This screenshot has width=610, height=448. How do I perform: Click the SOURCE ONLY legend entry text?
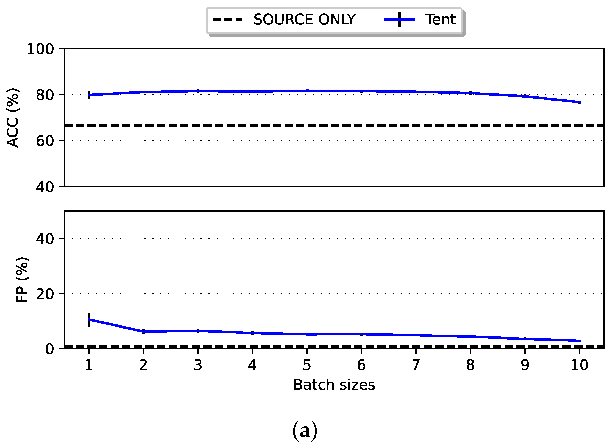304,20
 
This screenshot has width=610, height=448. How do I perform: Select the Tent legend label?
440,20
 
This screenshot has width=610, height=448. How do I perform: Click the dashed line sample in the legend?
227,20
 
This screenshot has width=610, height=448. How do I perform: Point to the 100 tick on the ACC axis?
40,49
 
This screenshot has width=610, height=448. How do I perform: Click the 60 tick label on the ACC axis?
45,141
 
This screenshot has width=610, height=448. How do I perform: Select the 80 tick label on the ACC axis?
45,95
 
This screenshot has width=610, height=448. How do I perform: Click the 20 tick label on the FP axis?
45,294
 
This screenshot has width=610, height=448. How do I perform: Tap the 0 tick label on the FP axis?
49,349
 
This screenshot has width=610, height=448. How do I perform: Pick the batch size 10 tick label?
579,365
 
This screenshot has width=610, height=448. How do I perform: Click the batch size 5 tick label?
307,365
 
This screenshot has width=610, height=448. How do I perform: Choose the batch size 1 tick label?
88,365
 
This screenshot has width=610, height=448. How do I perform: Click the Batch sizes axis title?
334,385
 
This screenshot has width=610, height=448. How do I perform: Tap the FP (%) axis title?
22,280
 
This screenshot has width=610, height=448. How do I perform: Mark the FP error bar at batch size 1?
89,319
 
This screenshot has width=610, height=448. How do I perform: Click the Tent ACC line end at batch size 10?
579,102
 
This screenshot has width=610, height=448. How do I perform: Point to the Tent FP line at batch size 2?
143,332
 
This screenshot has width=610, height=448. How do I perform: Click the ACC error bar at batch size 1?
89,95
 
